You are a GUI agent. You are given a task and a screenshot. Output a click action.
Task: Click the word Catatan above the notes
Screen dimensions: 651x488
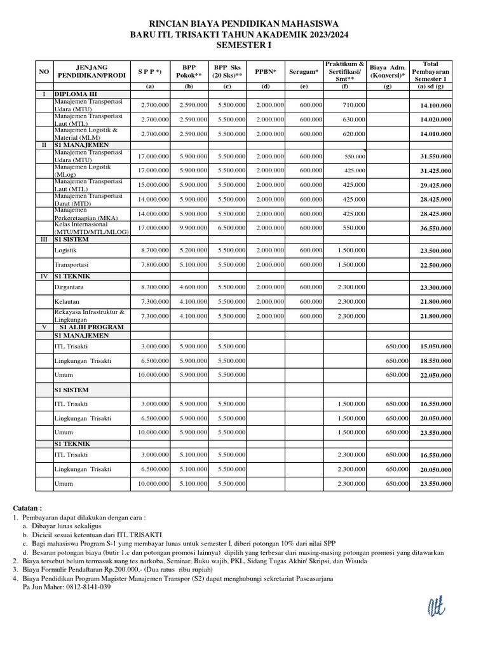(27, 509)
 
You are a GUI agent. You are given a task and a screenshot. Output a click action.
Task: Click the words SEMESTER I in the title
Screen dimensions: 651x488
(243, 46)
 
